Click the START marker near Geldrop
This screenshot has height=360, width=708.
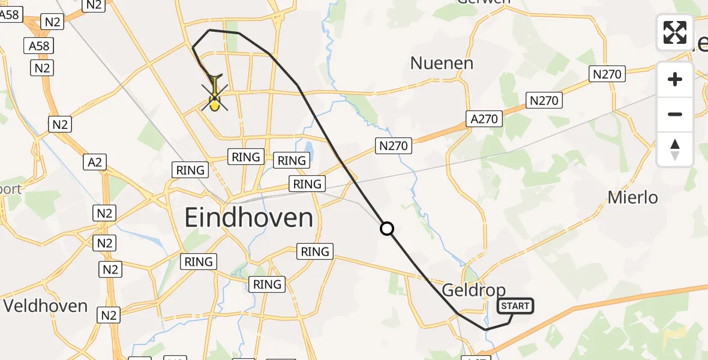coord(515,306)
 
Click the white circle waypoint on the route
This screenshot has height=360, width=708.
coord(387,229)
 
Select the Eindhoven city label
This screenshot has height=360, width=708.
coord(248,217)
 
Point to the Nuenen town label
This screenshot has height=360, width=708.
coord(442,63)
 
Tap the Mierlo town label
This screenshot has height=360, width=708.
coord(632,197)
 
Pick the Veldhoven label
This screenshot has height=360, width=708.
coord(46,305)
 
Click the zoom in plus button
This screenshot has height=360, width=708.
coord(675,79)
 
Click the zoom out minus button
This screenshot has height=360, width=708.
coord(675,114)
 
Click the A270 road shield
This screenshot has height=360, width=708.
coord(484,119)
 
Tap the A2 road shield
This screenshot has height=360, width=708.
coord(95,162)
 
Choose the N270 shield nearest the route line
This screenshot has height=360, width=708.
coord(393,145)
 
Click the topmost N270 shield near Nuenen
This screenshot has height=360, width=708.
coord(608,74)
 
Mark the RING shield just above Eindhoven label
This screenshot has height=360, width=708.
coord(307,184)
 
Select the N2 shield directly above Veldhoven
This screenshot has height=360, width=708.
coord(110,269)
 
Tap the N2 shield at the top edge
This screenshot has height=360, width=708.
coord(93,5)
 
